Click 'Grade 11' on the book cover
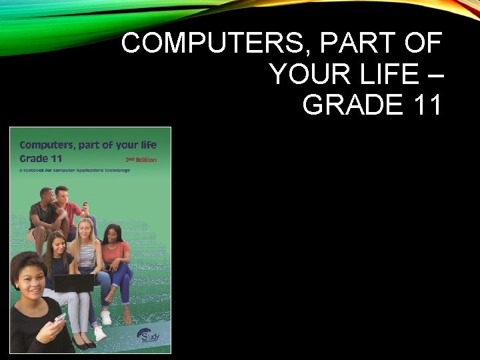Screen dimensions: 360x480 click(43, 159)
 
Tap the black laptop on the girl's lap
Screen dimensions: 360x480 click(73, 283)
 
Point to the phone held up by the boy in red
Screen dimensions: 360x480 click(85, 205)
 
